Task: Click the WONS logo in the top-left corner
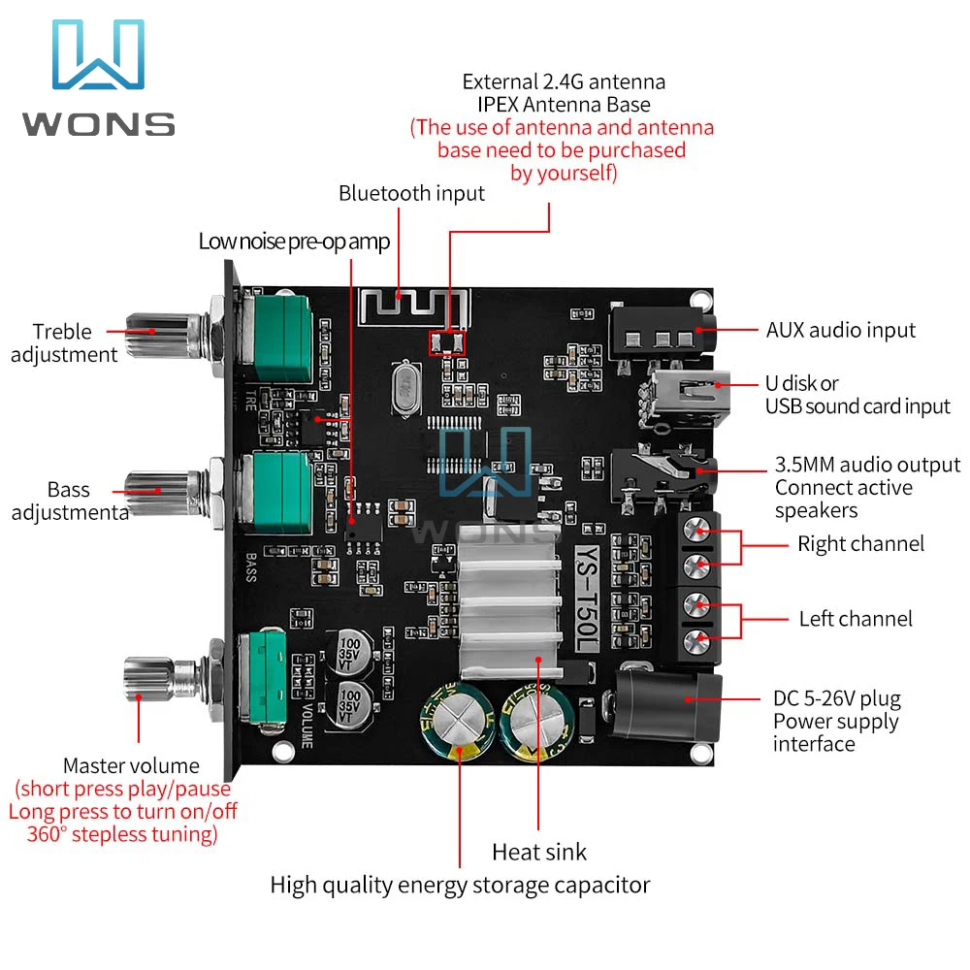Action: [x=99, y=78]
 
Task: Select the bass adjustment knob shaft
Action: [x=164, y=493]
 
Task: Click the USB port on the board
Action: [x=687, y=397]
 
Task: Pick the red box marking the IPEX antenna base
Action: [x=446, y=342]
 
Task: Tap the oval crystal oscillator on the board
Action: [x=405, y=387]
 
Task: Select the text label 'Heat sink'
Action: [x=538, y=853]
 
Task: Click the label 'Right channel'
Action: [x=860, y=544]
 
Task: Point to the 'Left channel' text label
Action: [x=856, y=619]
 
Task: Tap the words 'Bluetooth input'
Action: [x=411, y=194]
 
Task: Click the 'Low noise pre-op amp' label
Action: [x=294, y=242]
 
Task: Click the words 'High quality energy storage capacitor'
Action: [x=460, y=886]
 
